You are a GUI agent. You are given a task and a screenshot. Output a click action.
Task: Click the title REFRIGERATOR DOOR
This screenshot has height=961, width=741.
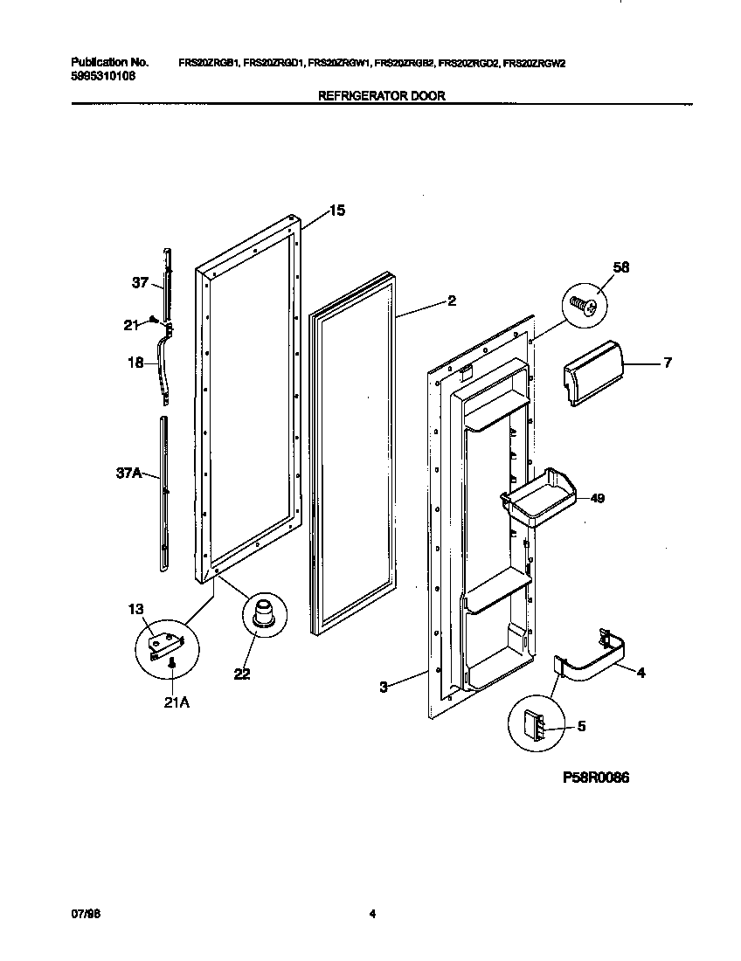[381, 96]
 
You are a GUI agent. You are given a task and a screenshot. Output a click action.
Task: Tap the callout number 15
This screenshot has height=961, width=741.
[336, 211]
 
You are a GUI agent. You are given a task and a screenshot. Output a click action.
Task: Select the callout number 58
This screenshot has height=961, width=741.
[621, 267]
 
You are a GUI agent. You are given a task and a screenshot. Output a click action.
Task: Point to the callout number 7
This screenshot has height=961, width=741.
[668, 363]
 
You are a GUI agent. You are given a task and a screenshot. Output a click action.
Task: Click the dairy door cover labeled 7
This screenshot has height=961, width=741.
[590, 373]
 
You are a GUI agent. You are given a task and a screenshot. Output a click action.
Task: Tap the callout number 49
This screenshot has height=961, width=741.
[597, 499]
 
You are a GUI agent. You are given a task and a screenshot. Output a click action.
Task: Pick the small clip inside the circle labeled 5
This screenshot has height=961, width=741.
[533, 723]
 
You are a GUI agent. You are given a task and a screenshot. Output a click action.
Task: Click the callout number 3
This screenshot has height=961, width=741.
[383, 688]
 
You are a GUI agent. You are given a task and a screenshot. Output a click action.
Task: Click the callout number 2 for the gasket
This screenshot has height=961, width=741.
[451, 301]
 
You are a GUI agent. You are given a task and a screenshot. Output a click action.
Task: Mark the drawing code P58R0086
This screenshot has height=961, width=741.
[589, 778]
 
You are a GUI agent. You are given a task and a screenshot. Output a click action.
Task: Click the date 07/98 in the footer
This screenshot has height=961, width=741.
[82, 915]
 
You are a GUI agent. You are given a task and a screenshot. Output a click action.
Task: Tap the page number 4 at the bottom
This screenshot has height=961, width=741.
[372, 915]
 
